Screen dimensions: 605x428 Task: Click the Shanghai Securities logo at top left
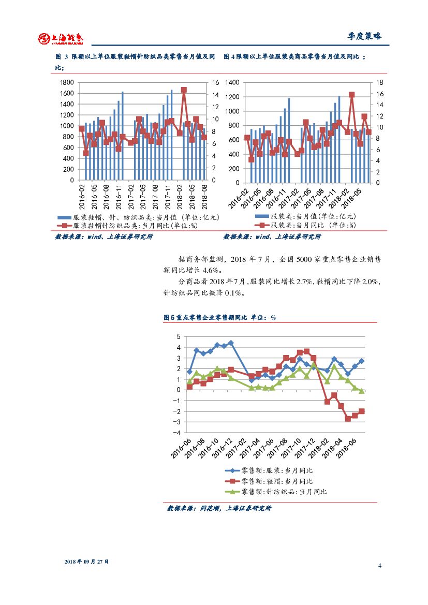click(x=60, y=38)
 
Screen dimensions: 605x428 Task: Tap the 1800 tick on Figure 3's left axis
click(x=67, y=83)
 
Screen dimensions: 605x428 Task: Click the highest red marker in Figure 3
click(x=184, y=90)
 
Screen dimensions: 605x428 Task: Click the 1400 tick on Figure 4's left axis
click(x=233, y=83)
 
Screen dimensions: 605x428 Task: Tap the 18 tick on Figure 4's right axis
click(x=379, y=83)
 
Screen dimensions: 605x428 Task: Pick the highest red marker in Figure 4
click(x=351, y=95)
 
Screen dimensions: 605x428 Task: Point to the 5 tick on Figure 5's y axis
click(x=179, y=336)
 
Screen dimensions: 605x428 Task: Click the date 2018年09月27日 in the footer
click(x=87, y=562)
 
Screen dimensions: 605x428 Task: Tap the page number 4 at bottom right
click(x=379, y=565)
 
